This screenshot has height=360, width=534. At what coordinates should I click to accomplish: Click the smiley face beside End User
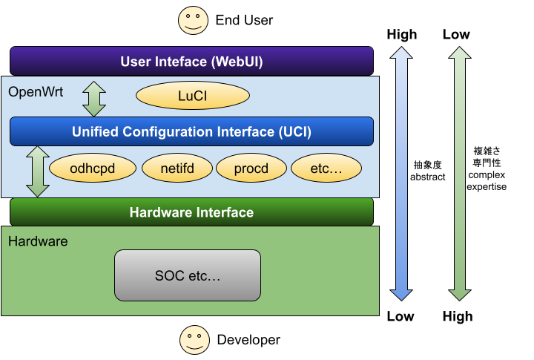[x=193, y=20]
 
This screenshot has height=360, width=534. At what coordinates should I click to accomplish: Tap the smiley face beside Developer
[x=195, y=340]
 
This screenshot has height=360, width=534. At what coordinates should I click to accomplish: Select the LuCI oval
[x=193, y=96]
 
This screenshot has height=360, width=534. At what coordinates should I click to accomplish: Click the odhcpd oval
[x=93, y=168]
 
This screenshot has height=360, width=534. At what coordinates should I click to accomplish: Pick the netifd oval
[x=177, y=168]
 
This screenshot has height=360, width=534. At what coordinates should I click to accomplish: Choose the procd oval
[x=251, y=168]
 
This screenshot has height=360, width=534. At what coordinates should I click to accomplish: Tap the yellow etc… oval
[x=326, y=168]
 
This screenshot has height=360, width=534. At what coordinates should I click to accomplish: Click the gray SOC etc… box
[x=188, y=275]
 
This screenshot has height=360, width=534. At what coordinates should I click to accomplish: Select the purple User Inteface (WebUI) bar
[x=192, y=61]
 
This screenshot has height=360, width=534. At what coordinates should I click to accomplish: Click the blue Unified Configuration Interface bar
[x=192, y=131]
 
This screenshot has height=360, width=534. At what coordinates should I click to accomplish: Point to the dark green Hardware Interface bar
[x=192, y=212]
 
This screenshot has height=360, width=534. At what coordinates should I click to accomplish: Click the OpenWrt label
[x=36, y=92]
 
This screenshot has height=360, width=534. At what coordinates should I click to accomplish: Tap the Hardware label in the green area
[x=38, y=241]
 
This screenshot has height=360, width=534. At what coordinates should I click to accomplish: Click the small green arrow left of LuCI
[x=94, y=99]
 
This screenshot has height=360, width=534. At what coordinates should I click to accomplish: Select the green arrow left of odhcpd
[x=38, y=171]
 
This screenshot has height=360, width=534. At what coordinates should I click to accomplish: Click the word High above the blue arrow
[x=402, y=35]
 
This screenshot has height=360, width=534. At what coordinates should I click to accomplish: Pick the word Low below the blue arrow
[x=400, y=316]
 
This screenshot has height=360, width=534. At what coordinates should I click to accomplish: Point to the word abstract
[x=428, y=177]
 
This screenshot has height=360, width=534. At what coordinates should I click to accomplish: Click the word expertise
[x=487, y=187]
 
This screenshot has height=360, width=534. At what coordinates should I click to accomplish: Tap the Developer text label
[x=248, y=340]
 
